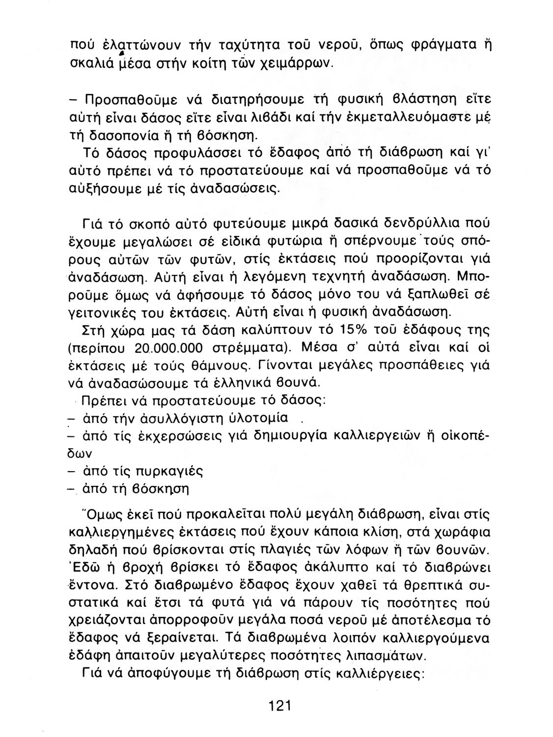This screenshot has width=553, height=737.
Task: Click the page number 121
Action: tap(280, 707)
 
